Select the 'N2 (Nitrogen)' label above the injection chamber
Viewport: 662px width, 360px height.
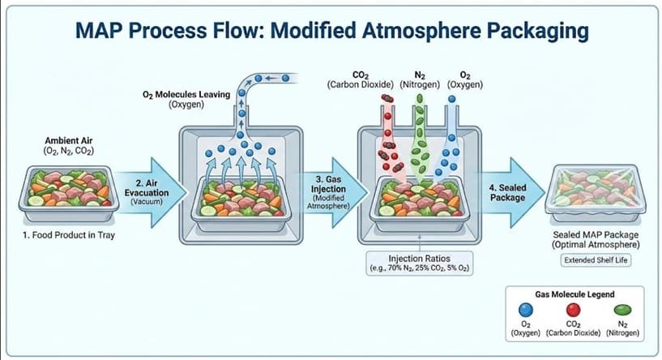420,79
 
